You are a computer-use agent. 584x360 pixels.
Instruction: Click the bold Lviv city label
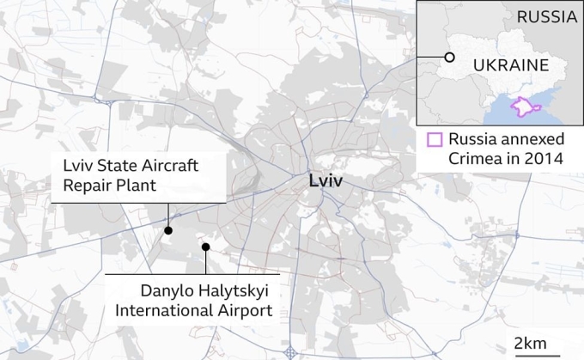coord(327,181)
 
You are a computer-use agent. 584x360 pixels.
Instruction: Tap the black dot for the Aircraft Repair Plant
coord(168,230)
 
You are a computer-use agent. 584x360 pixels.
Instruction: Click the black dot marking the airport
coord(205,247)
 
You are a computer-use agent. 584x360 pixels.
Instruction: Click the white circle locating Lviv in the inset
coord(448,58)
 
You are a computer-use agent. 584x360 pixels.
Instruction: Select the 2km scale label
coord(529,344)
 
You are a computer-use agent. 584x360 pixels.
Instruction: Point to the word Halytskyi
coord(212,292)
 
